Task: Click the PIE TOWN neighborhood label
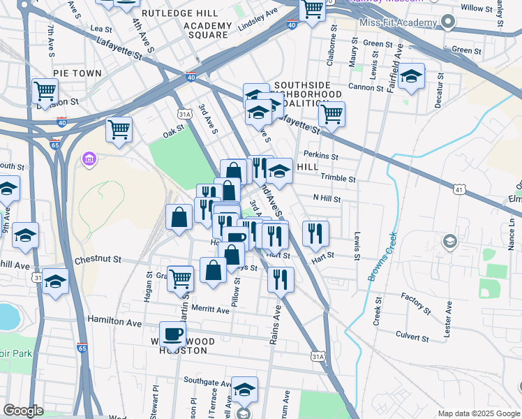(x=77, y=73)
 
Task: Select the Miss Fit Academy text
(x=397, y=23)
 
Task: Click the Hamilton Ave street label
(x=114, y=323)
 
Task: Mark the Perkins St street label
(x=320, y=156)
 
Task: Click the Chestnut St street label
(x=98, y=260)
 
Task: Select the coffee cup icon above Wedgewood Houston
(x=172, y=333)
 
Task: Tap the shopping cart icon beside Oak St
(x=119, y=129)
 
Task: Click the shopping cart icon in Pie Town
(x=45, y=90)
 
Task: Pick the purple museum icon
(x=89, y=161)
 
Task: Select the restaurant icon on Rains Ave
(x=281, y=279)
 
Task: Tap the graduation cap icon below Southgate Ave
(x=244, y=389)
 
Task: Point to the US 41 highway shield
(x=458, y=189)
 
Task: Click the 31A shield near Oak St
(x=184, y=114)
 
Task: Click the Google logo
(x=23, y=411)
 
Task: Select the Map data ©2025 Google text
(x=478, y=413)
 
